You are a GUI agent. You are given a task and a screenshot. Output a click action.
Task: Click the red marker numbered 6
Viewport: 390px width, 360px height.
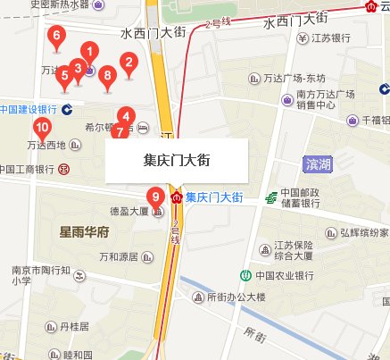click(57, 38)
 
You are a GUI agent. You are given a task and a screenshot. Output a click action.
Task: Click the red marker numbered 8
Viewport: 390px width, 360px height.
click(108, 77)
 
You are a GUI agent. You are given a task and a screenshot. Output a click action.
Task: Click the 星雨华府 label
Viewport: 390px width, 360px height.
click(83, 232)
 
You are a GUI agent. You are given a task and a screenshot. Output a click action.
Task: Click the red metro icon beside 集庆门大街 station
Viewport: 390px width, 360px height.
click(177, 196)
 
